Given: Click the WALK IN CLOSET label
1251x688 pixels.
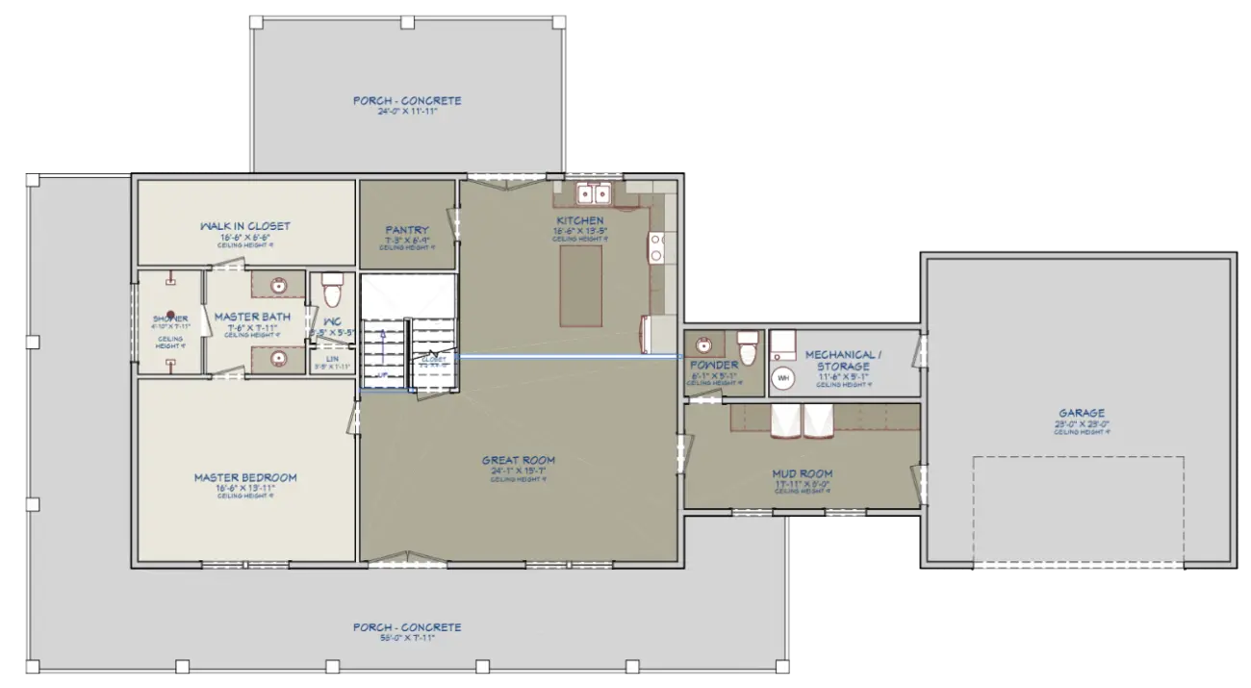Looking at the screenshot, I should click(x=245, y=226).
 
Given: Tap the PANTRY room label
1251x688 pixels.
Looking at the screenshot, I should click(x=406, y=230).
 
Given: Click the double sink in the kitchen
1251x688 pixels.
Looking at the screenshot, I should click(x=597, y=195).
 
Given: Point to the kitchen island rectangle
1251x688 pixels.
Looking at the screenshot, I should click(x=580, y=286).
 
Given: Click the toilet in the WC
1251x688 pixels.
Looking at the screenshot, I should click(x=332, y=289).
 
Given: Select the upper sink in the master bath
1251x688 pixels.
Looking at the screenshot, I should click(x=278, y=286).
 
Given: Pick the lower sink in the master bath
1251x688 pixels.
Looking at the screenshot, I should click(x=278, y=359).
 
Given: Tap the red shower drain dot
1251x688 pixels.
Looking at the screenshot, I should click(x=170, y=314).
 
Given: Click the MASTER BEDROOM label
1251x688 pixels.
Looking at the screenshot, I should click(x=245, y=477).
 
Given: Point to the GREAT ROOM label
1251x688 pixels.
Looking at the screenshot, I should click(x=519, y=460).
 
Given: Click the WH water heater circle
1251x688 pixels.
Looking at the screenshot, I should click(x=783, y=378).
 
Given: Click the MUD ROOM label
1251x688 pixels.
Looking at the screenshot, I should click(x=802, y=473).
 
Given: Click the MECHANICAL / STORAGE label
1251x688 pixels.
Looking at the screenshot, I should click(x=843, y=359).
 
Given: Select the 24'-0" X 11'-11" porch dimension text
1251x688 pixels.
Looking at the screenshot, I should click(x=406, y=112).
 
